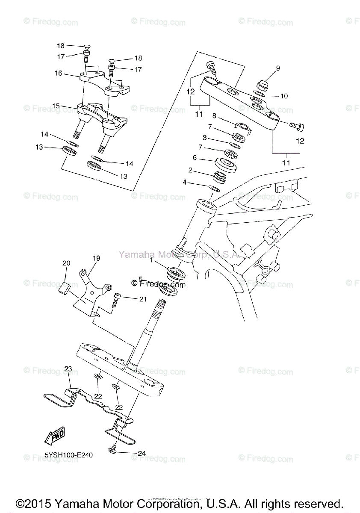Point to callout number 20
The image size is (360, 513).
pos(66,264)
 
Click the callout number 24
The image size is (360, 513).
pos(142,453)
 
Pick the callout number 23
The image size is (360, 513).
pos(68,368)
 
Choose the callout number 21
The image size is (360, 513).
pos(142,299)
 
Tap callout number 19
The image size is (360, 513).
pos(96,258)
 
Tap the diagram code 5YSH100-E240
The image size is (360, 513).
pos(68,455)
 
